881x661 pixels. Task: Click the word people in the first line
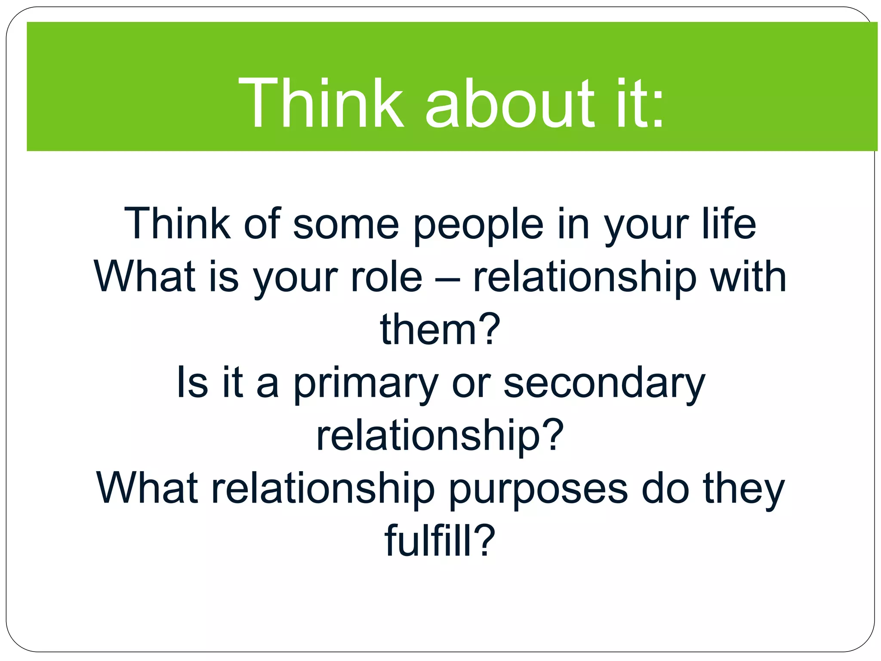tap(478, 225)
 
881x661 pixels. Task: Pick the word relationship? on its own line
tap(440, 436)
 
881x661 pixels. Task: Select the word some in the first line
tap(346, 225)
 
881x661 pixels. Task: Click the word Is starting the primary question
tap(192, 382)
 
